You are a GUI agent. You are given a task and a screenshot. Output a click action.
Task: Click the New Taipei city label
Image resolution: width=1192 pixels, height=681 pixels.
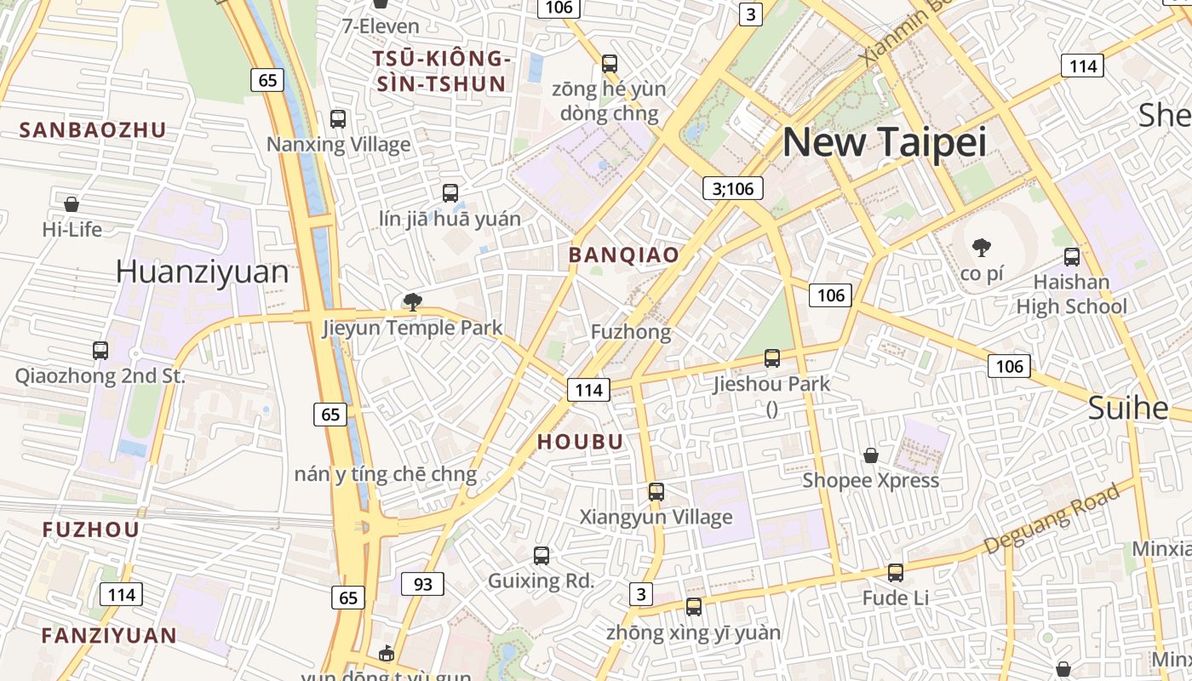(x=884, y=141)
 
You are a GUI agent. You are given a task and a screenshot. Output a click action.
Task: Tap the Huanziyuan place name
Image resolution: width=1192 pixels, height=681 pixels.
(x=202, y=272)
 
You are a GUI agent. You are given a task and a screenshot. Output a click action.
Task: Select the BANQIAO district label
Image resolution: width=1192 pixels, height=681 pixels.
(x=624, y=255)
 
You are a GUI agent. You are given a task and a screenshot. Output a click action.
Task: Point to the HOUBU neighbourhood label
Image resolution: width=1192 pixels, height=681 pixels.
(x=581, y=441)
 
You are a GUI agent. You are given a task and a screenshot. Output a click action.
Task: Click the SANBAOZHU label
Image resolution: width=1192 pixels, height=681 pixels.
(x=93, y=130)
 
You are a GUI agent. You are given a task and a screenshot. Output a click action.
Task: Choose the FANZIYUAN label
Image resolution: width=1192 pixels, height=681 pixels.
(x=109, y=635)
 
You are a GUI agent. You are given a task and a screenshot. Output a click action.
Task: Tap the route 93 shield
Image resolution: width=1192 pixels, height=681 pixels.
(x=422, y=584)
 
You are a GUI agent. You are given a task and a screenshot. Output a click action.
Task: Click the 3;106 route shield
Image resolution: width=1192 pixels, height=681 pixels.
(x=733, y=188)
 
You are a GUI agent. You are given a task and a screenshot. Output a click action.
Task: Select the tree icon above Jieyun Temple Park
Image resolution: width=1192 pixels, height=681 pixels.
(x=413, y=301)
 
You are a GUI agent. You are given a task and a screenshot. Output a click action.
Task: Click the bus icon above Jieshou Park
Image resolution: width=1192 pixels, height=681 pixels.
(x=772, y=358)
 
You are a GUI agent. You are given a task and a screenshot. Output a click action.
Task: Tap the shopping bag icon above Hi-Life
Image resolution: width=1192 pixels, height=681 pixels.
(x=72, y=204)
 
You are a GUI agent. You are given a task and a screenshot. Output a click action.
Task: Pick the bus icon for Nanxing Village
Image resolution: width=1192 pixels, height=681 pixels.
(x=338, y=119)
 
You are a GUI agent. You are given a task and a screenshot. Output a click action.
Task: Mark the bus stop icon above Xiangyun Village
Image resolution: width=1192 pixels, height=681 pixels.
(x=656, y=491)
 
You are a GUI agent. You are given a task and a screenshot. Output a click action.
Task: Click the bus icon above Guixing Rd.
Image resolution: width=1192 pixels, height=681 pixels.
(x=541, y=556)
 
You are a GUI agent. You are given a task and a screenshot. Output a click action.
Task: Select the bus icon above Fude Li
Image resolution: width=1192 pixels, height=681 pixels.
(x=895, y=573)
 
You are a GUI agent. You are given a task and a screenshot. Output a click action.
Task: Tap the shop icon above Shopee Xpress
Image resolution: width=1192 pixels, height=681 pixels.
(x=870, y=455)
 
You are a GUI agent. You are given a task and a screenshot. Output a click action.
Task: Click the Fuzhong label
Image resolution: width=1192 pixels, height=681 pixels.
(x=631, y=332)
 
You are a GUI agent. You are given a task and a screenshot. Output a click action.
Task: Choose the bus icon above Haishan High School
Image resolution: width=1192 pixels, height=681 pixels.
(x=1072, y=256)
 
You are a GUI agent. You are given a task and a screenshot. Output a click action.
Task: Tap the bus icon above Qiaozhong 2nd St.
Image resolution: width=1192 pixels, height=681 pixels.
(x=100, y=350)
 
